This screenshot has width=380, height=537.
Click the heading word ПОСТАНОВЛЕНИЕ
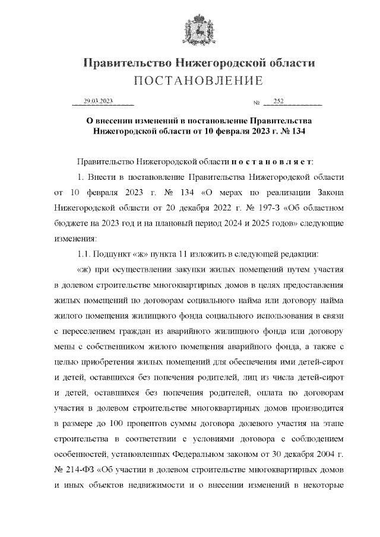pos(198,81)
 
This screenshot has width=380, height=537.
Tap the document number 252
pos(279,101)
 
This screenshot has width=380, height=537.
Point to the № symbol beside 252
pos(256,102)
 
